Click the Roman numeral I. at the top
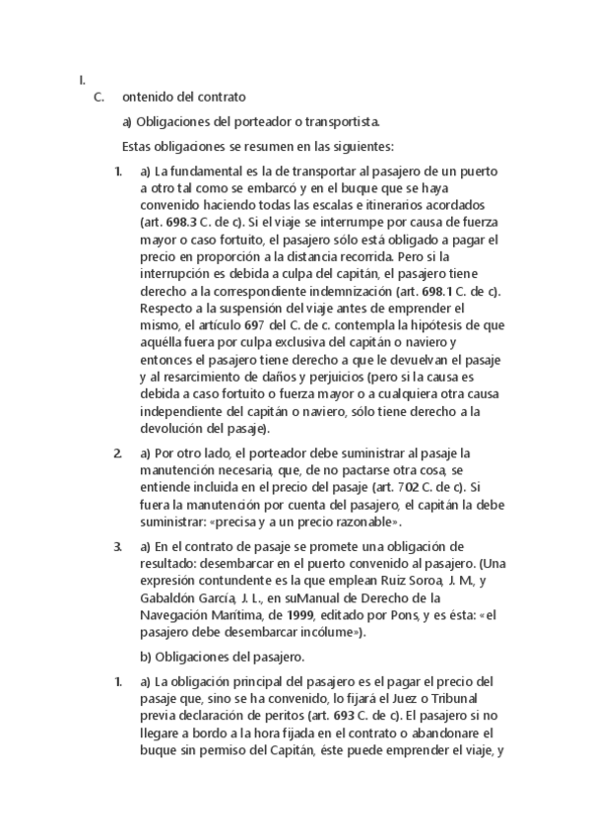pyautogui.click(x=84, y=80)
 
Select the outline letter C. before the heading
pyautogui.click(x=98, y=97)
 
